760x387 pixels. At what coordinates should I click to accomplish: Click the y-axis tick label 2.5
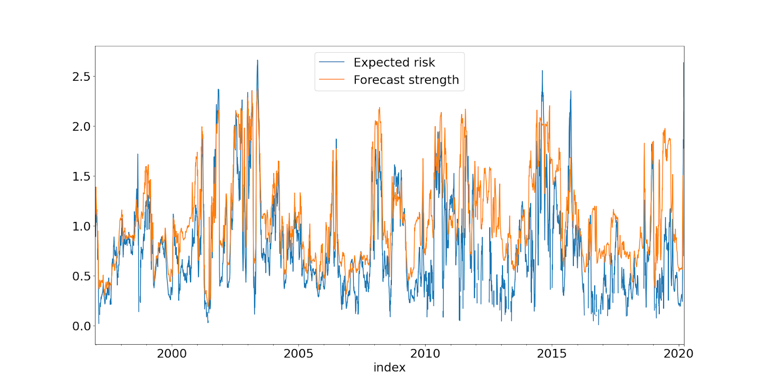click(x=81, y=77)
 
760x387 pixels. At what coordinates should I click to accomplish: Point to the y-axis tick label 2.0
click(x=81, y=126)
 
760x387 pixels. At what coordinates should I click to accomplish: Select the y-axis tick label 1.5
click(x=81, y=176)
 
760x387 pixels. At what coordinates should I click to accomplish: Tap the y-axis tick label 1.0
click(x=81, y=226)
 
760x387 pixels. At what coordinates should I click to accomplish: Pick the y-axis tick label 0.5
click(x=81, y=276)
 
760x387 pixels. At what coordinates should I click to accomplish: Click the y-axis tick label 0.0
click(x=81, y=326)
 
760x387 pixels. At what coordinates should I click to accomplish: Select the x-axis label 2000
click(x=171, y=354)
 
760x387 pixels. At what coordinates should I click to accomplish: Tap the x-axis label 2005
click(x=298, y=354)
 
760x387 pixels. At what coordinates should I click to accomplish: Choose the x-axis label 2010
click(x=425, y=354)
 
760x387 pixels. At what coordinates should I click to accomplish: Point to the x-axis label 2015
click(x=551, y=354)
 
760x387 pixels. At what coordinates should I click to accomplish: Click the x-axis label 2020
click(x=678, y=354)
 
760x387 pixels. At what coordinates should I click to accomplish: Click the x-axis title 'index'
click(x=389, y=368)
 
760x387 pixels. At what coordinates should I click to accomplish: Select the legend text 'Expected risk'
click(x=394, y=63)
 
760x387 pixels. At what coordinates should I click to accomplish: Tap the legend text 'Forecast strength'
click(x=406, y=80)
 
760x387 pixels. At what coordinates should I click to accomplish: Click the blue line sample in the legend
click(x=332, y=62)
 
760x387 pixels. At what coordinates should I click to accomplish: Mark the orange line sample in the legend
click(x=332, y=79)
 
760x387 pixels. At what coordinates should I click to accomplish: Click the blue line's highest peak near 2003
click(x=257, y=60)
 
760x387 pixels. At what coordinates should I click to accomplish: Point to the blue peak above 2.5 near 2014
click(x=542, y=71)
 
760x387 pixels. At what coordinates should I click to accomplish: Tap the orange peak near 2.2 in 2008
click(x=380, y=108)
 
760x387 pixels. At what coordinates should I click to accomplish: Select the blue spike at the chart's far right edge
click(x=684, y=63)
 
